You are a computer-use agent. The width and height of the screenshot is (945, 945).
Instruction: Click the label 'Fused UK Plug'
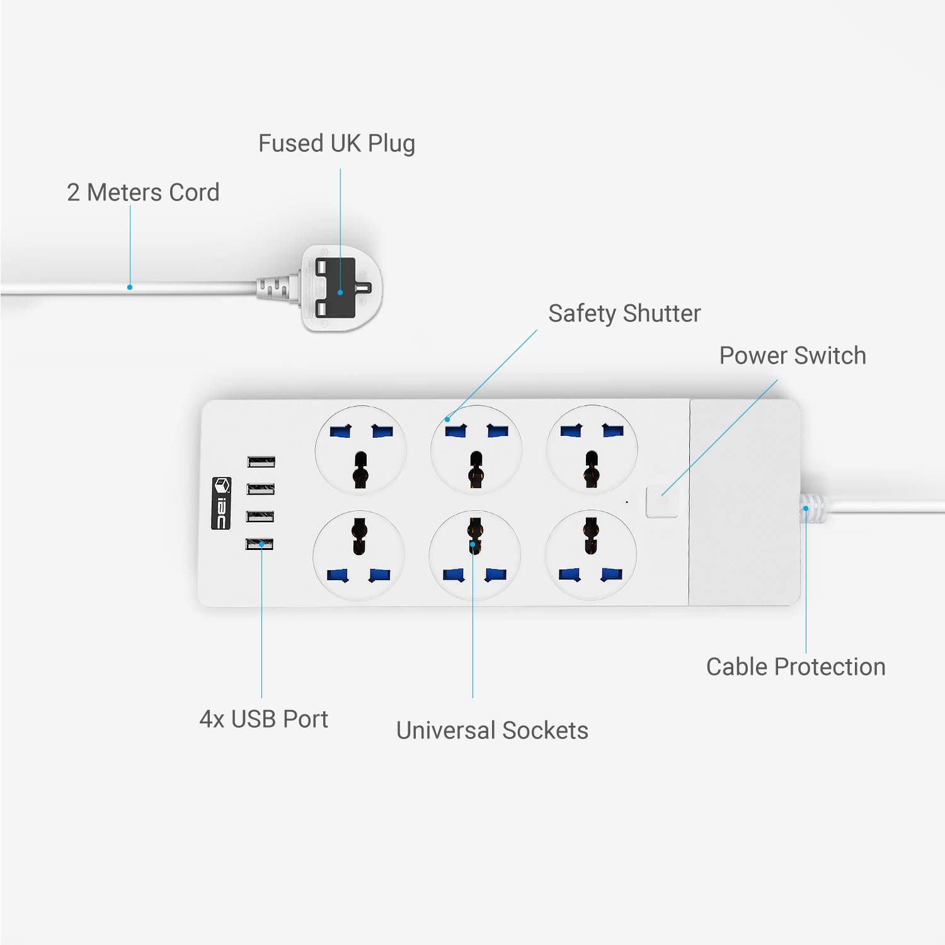(x=336, y=144)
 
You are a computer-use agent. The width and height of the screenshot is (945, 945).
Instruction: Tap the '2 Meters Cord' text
(x=143, y=193)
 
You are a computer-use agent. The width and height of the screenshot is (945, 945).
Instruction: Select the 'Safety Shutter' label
(x=624, y=314)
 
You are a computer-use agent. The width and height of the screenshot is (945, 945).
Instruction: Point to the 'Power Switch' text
(x=792, y=356)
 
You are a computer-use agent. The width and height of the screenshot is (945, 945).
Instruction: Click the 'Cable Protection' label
(x=795, y=667)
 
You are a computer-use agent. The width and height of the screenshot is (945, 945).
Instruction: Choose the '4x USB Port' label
(x=263, y=719)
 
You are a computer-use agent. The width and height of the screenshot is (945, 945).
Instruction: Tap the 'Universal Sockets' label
(x=492, y=731)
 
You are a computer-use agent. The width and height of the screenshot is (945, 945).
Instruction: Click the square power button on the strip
(x=662, y=502)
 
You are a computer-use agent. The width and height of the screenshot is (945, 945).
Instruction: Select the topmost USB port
(x=261, y=462)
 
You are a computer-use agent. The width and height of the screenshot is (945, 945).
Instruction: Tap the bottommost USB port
(x=260, y=544)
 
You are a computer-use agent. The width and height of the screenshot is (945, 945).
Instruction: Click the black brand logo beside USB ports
(x=221, y=503)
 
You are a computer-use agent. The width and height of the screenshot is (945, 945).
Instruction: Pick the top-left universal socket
(x=360, y=450)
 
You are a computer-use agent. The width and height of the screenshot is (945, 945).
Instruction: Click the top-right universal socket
(x=592, y=450)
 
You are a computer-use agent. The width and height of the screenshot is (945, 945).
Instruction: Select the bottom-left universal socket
(x=359, y=554)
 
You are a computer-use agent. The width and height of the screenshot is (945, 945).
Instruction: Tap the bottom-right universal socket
(x=590, y=554)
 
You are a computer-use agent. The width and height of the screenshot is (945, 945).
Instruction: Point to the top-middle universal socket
(x=476, y=450)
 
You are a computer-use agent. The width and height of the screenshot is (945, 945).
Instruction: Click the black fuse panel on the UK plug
(x=336, y=288)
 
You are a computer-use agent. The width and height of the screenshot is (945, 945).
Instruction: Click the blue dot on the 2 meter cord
(x=130, y=287)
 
